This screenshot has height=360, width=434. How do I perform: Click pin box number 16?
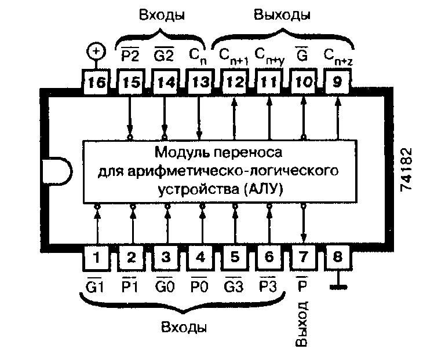(96, 82)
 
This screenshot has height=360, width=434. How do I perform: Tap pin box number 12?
(234, 82)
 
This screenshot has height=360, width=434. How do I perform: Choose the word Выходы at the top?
(282, 14)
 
